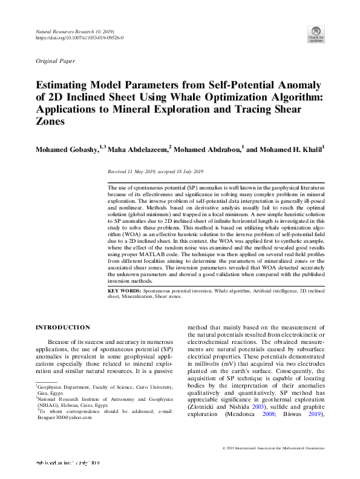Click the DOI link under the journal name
coord(80,38)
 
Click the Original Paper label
coord(56,62)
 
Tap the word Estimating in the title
coord(65,87)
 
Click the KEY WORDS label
coord(125,291)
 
